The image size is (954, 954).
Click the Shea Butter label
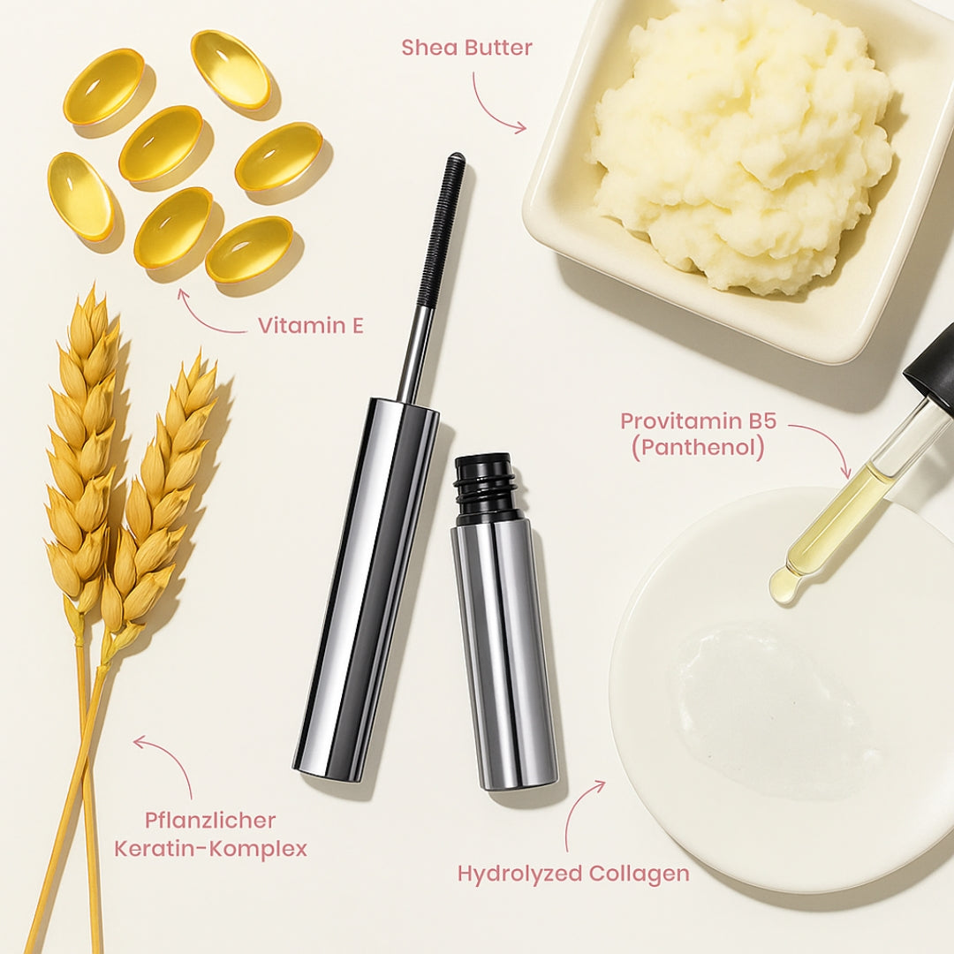point(466,48)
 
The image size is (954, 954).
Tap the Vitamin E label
point(310,326)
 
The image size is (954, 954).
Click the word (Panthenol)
point(697,448)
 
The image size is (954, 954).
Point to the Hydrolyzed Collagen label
point(573,874)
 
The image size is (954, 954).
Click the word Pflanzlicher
point(210,821)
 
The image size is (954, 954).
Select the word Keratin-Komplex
point(210,850)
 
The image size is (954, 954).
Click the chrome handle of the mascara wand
point(367,583)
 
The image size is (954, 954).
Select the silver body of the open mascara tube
point(504,654)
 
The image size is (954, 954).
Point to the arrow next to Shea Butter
point(495,106)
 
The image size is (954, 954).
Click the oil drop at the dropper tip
point(783,587)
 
